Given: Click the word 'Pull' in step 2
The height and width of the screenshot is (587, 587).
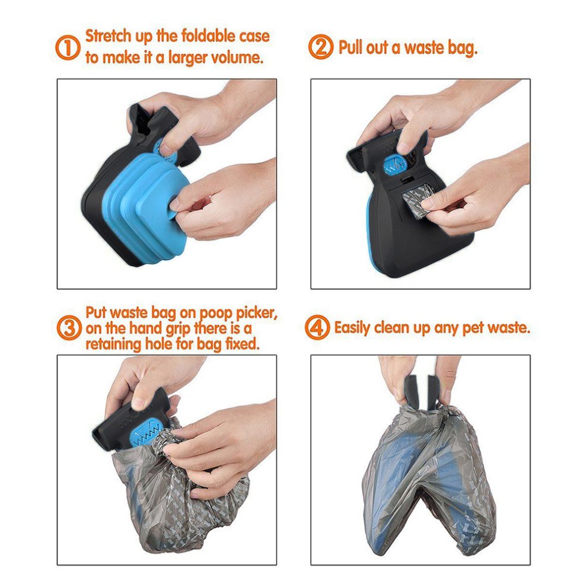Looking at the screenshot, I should (x=352, y=47).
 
